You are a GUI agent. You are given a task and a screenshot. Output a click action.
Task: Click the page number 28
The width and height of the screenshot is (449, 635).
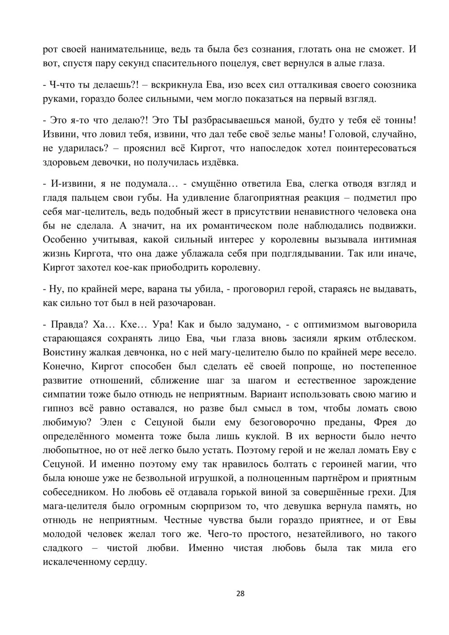click(x=240, y=593)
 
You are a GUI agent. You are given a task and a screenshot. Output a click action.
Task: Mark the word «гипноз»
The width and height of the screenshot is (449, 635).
click(x=57, y=408)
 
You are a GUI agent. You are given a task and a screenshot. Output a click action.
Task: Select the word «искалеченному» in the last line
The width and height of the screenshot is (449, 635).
click(x=77, y=561)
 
